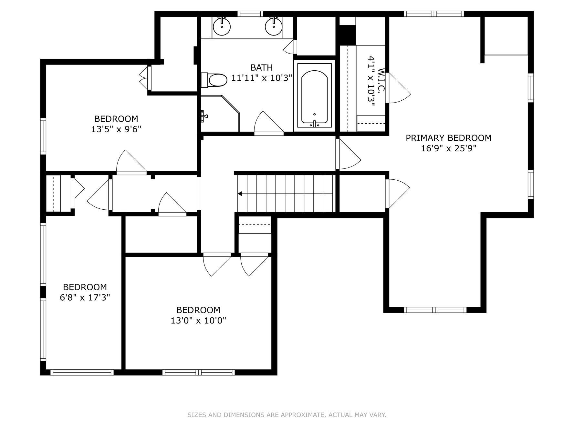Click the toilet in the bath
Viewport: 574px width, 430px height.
[214, 80]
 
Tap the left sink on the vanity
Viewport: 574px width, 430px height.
[222, 26]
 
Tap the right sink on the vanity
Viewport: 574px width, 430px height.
[274, 26]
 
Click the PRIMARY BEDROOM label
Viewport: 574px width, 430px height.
[448, 138]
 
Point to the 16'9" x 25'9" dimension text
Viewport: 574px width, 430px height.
[449, 148]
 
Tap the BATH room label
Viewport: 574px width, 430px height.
[262, 67]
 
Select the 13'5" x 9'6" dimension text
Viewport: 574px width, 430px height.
[116, 129]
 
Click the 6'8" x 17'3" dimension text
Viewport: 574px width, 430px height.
[85, 297]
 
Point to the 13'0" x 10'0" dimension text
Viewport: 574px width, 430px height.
[198, 320]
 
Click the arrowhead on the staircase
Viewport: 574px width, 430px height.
[240, 194]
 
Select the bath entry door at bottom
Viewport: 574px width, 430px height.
[269, 123]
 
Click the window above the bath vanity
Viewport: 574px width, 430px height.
[250, 14]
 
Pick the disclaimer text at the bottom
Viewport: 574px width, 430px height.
[287, 415]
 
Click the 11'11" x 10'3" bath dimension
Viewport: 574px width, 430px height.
[262, 78]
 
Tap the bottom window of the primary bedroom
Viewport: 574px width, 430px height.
[435, 310]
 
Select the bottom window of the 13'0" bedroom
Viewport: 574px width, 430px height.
[198, 372]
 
